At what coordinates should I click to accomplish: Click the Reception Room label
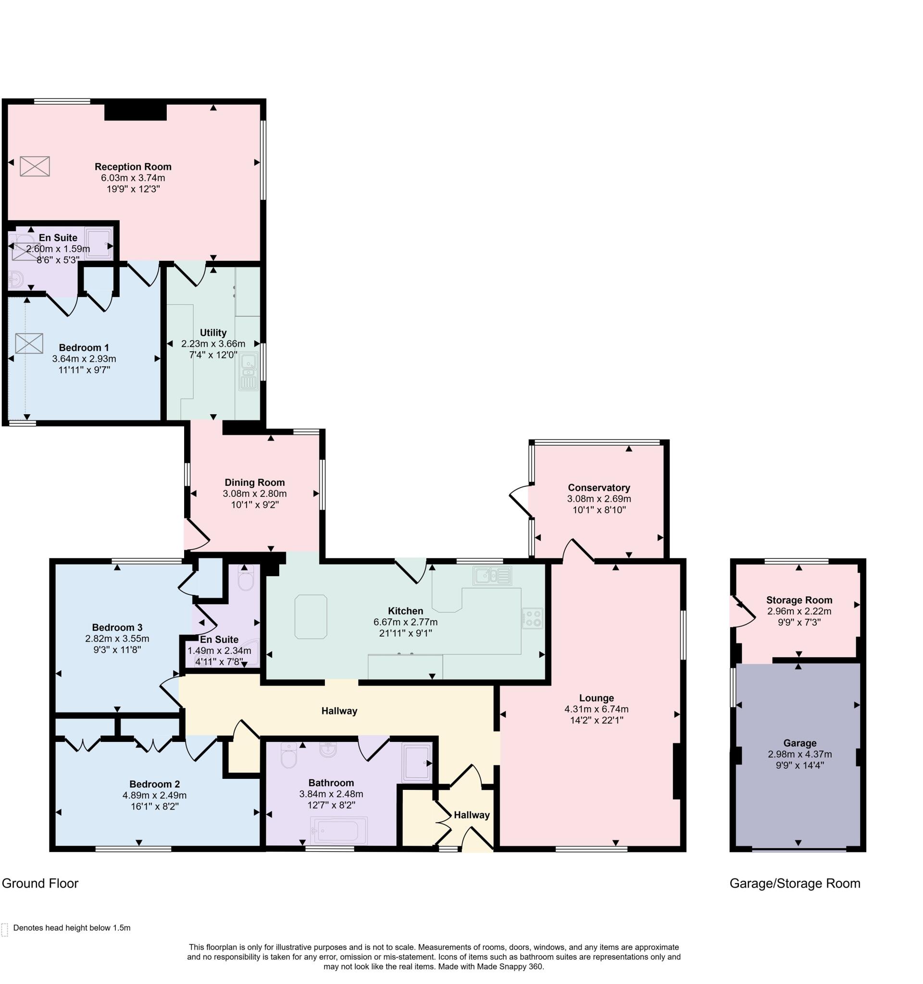(133, 167)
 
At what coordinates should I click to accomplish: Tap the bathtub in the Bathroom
(339, 831)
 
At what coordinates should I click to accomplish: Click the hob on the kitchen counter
(532, 619)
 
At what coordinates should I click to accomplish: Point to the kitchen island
(311, 617)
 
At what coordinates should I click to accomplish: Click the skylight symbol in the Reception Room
(35, 166)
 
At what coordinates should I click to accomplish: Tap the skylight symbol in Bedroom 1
(29, 344)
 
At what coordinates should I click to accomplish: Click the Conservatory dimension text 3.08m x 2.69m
(599, 499)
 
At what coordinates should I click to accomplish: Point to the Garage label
(799, 743)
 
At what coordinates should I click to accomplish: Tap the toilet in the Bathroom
(288, 755)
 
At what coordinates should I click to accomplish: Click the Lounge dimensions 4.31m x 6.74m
(596, 709)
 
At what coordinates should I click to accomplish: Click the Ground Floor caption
(40, 884)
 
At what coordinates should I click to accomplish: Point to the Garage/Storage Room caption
(794, 884)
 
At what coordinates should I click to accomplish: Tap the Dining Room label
(254, 482)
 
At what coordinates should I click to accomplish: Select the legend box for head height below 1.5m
(5, 930)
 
